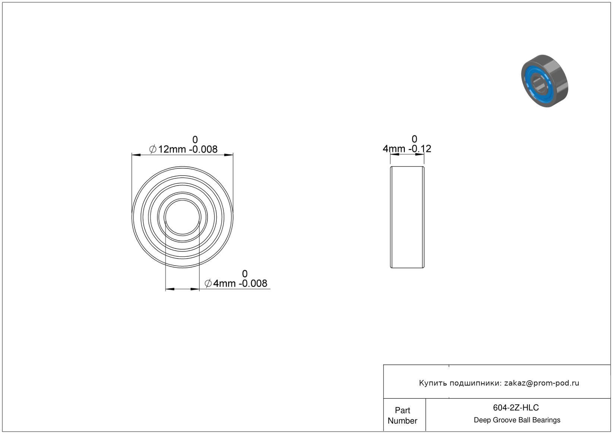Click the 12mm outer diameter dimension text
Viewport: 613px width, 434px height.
[172, 149]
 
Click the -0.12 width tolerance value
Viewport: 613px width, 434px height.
[420, 149]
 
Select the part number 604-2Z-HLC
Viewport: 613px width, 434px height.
[516, 408]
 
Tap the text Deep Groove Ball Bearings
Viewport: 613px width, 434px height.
[517, 420]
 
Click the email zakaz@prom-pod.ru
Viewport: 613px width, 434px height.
[541, 383]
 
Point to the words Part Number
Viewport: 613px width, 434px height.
[402, 415]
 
